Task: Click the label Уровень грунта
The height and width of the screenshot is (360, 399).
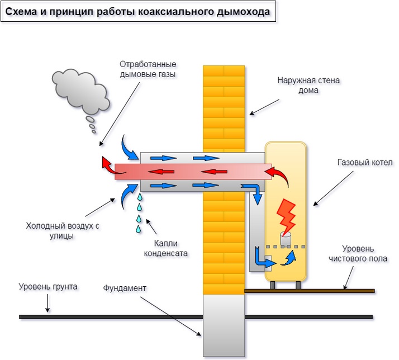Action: (48, 287)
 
